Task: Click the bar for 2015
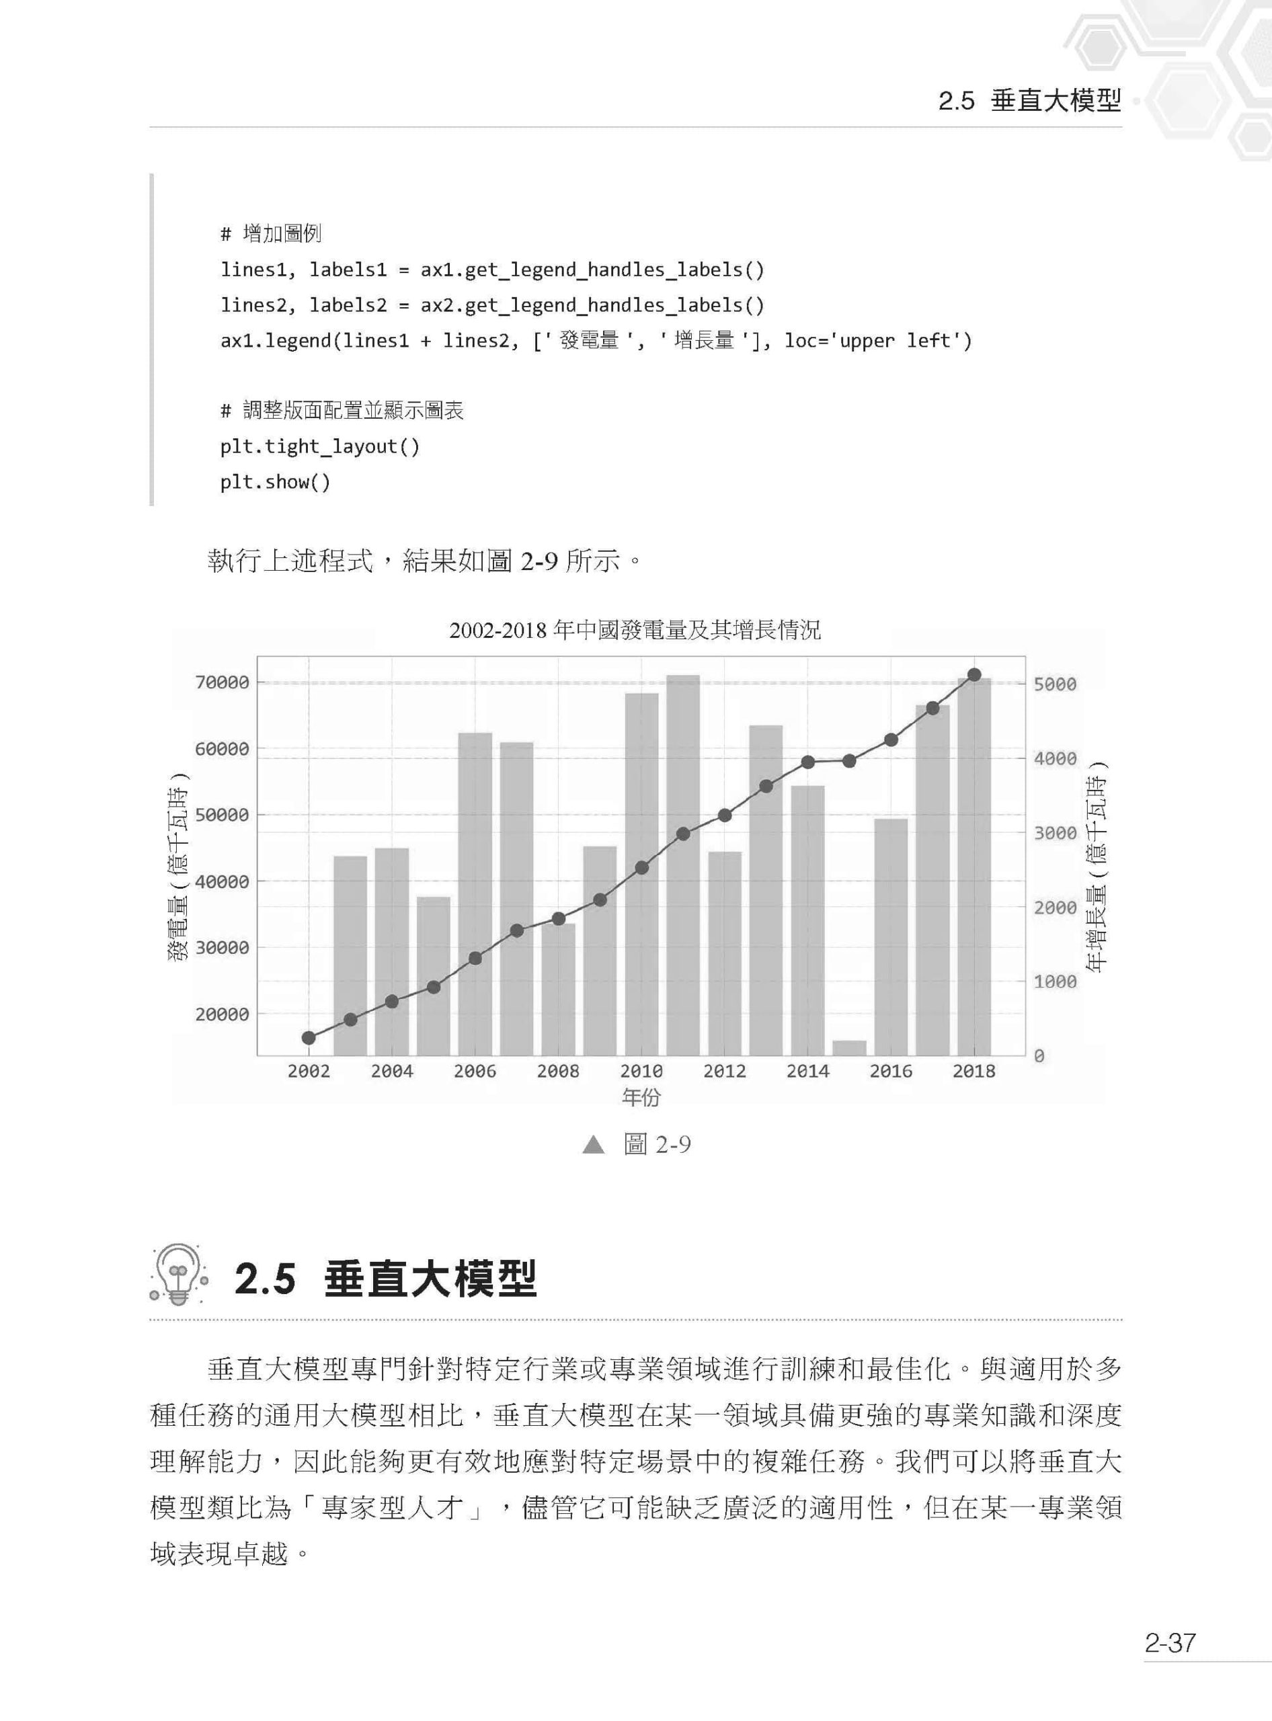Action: [x=849, y=1047]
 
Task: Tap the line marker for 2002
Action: [x=309, y=1038]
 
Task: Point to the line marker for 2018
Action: [x=974, y=674]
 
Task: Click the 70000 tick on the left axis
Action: [x=222, y=682]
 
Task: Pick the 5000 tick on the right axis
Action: [x=1055, y=684]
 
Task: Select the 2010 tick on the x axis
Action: [x=641, y=1071]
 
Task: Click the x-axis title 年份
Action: [x=641, y=1097]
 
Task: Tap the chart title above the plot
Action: [x=635, y=631]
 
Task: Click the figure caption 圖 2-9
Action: [x=657, y=1145]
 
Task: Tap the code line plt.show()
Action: [x=275, y=482]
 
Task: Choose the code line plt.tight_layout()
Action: [x=319, y=446]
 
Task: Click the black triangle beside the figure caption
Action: [x=594, y=1145]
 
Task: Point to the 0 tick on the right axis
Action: [x=1039, y=1057]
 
